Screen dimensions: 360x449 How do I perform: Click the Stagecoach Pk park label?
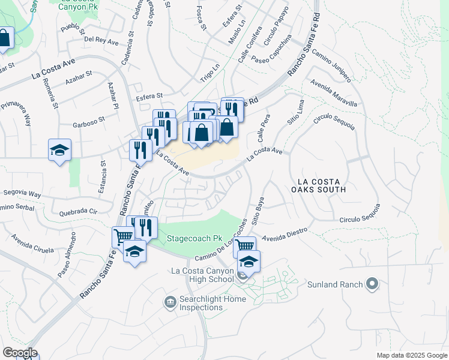pyautogui.click(x=190, y=237)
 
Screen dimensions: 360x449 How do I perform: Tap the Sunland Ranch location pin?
pyautogui.click(x=372, y=283)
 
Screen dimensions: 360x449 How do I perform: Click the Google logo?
pyautogui.click(x=19, y=352)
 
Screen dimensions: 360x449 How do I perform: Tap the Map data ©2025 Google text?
pyautogui.click(x=412, y=355)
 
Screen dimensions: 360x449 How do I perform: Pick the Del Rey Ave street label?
pyautogui.click(x=101, y=40)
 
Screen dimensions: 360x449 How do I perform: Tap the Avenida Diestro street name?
pyautogui.click(x=284, y=231)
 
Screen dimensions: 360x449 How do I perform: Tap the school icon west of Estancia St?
pyautogui.click(x=59, y=150)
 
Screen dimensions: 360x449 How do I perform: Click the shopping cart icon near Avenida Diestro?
pyautogui.click(x=244, y=245)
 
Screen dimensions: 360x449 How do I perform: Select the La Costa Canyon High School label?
pyautogui.click(x=202, y=275)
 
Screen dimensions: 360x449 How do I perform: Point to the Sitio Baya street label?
pyautogui.click(x=259, y=214)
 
